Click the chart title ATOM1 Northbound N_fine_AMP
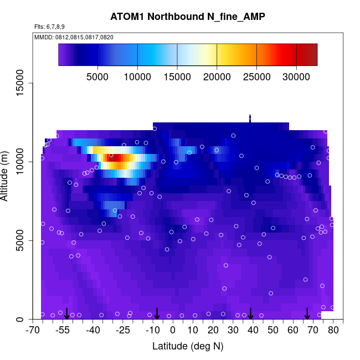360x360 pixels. tap(188, 17)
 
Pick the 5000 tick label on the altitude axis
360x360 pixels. tap(24, 241)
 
